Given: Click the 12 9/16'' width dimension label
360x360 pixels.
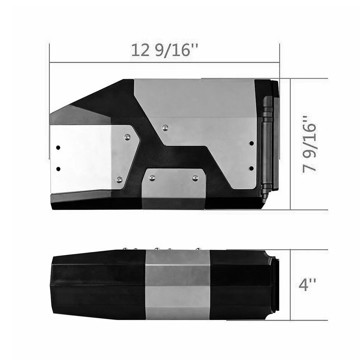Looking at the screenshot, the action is [x=165, y=50].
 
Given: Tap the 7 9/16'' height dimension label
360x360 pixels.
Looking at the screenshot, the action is [x=309, y=144].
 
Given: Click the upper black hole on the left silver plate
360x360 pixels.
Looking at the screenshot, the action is [x=58, y=147].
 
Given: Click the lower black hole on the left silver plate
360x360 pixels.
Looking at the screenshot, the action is [x=58, y=169].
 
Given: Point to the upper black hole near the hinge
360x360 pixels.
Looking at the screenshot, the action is [x=252, y=143].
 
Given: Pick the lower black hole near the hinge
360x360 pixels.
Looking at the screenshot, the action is [x=251, y=168].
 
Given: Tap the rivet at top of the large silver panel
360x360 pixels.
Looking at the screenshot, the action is [x=165, y=128].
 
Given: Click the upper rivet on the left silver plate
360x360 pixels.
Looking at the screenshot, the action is [x=127, y=137].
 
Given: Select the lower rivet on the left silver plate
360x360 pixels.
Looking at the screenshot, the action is [x=119, y=179].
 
